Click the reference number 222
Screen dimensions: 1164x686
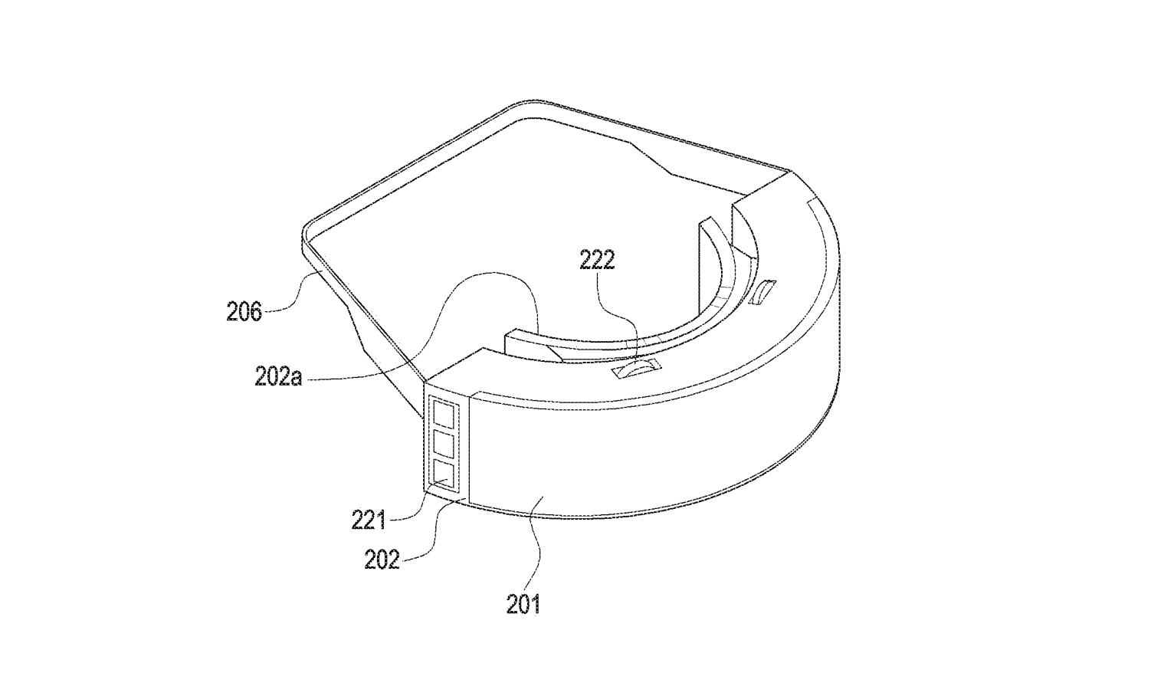click(x=597, y=260)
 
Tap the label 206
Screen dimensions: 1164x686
click(x=244, y=312)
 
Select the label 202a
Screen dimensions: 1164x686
click(x=278, y=377)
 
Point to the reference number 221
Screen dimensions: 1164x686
click(x=369, y=520)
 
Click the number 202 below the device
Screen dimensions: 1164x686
click(x=382, y=560)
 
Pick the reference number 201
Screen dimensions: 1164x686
click(x=524, y=605)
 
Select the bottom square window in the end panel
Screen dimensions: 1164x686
click(x=444, y=474)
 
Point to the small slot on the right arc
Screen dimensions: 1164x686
click(x=762, y=293)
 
